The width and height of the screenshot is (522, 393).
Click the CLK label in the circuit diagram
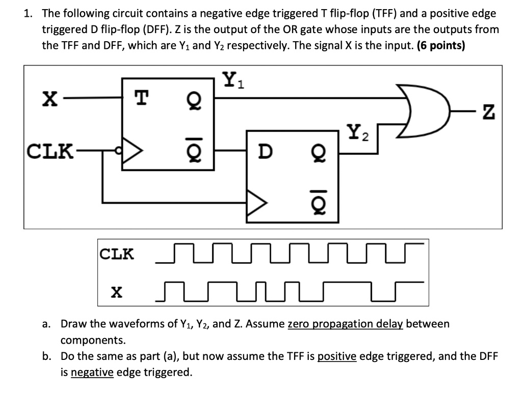pyautogui.click(x=49, y=151)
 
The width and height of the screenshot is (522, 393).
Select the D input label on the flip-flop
pyautogui.click(x=265, y=151)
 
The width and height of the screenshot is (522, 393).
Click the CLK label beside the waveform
pyautogui.click(x=117, y=253)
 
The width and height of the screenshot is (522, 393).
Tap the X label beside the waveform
pyautogui.click(x=117, y=292)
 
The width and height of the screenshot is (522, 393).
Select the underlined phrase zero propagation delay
pyautogui.click(x=346, y=324)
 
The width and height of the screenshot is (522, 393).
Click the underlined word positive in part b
pyautogui.click(x=336, y=356)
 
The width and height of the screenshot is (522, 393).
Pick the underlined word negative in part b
pyautogui.click(x=92, y=372)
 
